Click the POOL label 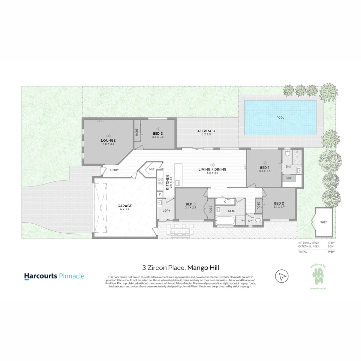click(x=280, y=118)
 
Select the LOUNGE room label click(x=108, y=140)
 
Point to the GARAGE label click(x=124, y=206)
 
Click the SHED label click(x=324, y=222)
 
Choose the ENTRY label click(x=114, y=170)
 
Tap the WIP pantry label click(x=152, y=169)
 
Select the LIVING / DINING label click(x=212, y=169)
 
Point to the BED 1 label click(x=264, y=167)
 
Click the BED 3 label click(x=190, y=204)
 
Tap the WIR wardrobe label click(x=289, y=178)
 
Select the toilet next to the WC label click(x=258, y=221)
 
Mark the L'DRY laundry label click(x=166, y=210)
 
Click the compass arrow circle click(x=282, y=276)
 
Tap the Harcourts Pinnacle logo click(x=54, y=276)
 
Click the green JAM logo click(x=318, y=276)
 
